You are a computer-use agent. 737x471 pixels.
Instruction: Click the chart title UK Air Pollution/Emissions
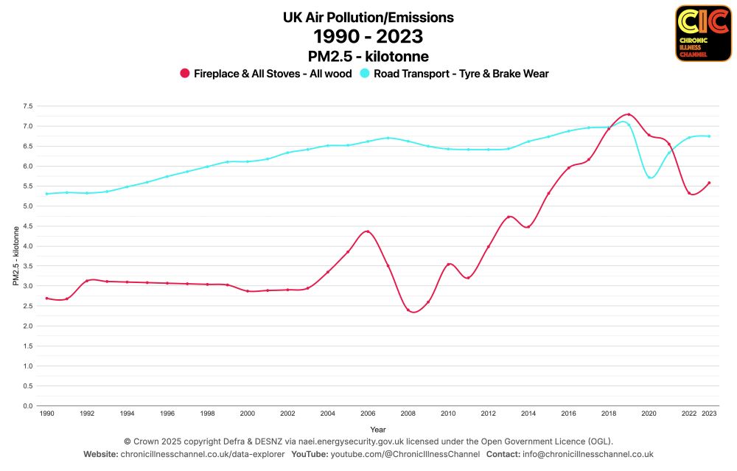coord(368,17)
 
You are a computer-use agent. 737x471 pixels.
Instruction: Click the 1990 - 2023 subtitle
coord(368,36)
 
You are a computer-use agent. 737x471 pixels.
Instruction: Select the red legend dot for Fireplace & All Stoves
coord(185,74)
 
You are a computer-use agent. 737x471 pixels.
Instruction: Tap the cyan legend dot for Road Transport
coord(365,74)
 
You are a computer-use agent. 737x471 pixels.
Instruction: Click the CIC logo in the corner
coord(702,33)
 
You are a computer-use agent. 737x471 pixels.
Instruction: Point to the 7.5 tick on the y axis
coord(27,106)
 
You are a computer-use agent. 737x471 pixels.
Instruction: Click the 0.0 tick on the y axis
coord(27,406)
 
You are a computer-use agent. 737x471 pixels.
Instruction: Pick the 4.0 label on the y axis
coord(27,246)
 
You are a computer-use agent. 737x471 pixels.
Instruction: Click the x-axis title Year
coord(377,428)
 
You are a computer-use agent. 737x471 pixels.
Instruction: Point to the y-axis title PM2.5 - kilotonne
coord(15,256)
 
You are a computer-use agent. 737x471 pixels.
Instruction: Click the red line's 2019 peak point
coord(629,114)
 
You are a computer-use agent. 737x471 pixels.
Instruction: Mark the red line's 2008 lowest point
coord(408,310)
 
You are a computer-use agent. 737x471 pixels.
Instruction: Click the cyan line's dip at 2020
coord(649,178)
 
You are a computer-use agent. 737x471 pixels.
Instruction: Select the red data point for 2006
coord(368,231)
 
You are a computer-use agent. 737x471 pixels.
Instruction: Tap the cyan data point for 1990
coord(46,194)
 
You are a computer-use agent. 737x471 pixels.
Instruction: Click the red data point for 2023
coord(709,183)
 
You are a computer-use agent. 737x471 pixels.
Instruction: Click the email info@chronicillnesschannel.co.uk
coord(586,454)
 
